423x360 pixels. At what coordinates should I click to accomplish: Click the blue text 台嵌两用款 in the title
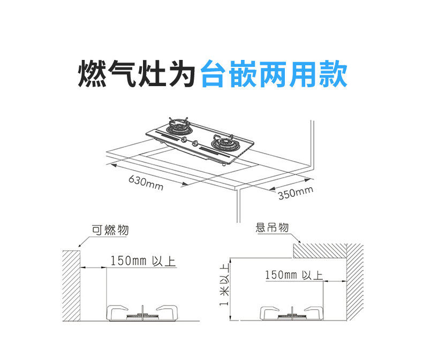274,74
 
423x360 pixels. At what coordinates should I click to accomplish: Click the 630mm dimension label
146,182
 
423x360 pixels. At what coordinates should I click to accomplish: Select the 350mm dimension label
295,193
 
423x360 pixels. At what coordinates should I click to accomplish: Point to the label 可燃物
110,231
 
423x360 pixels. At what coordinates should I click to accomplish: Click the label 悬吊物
273,228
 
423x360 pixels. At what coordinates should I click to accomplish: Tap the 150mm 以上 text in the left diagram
142,261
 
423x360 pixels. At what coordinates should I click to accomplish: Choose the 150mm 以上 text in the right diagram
293,275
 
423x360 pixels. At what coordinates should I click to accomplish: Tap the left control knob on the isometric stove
185,140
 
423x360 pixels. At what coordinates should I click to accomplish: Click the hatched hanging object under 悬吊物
321,250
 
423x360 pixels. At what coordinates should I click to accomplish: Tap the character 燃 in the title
92,74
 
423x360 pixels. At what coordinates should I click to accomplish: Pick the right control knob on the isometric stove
196,144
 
